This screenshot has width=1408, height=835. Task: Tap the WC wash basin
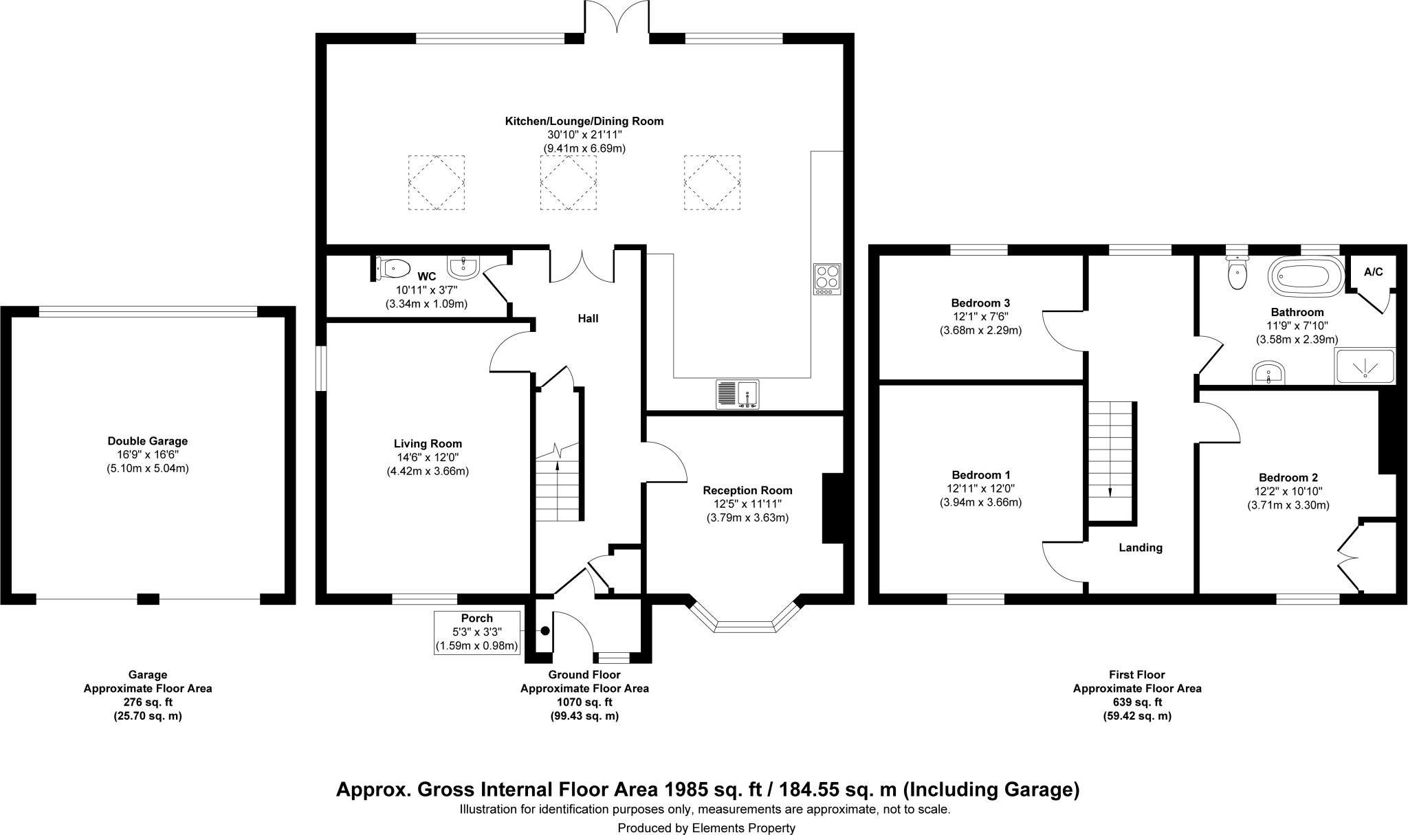465,267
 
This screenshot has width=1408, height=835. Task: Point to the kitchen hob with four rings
827,279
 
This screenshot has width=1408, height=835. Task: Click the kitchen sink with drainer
737,394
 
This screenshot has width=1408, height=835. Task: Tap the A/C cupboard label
1373,272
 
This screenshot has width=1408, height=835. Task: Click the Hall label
588,318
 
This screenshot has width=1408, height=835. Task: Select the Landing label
1141,548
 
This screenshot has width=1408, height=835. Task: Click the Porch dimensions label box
477,632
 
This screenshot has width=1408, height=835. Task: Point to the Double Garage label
148,441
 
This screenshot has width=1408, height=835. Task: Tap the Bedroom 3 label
980,303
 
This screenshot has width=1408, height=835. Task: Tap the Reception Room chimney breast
833,509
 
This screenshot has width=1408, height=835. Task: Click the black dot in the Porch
545,631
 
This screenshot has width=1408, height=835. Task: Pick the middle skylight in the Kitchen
568,182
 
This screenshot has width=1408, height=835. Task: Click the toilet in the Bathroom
1237,274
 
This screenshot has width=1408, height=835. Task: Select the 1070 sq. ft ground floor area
584,702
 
